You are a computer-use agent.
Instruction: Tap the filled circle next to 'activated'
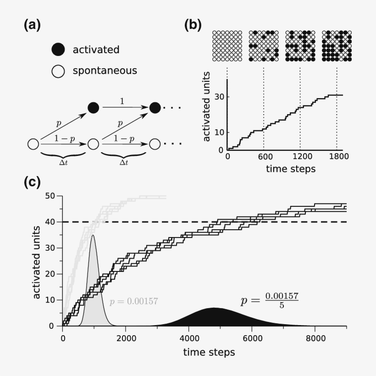58,50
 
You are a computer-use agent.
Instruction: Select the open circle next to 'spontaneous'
58,71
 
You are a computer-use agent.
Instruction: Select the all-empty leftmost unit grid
227,45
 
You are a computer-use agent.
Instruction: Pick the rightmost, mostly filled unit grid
337,45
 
